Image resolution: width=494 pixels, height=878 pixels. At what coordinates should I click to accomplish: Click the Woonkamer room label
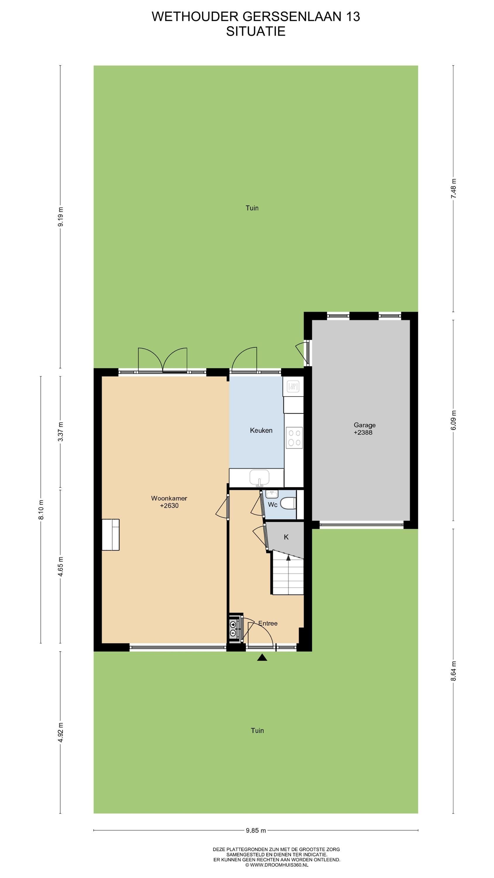pyautogui.click(x=169, y=498)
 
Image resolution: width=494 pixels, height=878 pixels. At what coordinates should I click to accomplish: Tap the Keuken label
pyautogui.click(x=261, y=431)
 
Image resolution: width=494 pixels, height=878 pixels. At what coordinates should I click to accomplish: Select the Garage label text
pyautogui.click(x=364, y=425)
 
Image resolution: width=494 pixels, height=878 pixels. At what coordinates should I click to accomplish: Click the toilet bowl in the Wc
pyautogui.click(x=288, y=503)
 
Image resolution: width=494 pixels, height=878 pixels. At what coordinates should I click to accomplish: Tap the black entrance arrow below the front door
pyautogui.click(x=262, y=658)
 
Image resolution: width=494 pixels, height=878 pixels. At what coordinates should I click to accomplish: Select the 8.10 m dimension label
pyautogui.click(x=41, y=510)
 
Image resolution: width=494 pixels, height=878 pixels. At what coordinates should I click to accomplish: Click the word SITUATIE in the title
pyautogui.click(x=256, y=31)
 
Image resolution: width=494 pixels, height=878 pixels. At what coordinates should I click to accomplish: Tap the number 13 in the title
pyautogui.click(x=353, y=16)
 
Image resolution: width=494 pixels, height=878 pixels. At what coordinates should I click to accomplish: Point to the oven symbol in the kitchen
pyautogui.click(x=293, y=387)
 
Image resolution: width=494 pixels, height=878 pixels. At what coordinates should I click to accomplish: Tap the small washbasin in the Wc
pyautogui.click(x=272, y=494)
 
